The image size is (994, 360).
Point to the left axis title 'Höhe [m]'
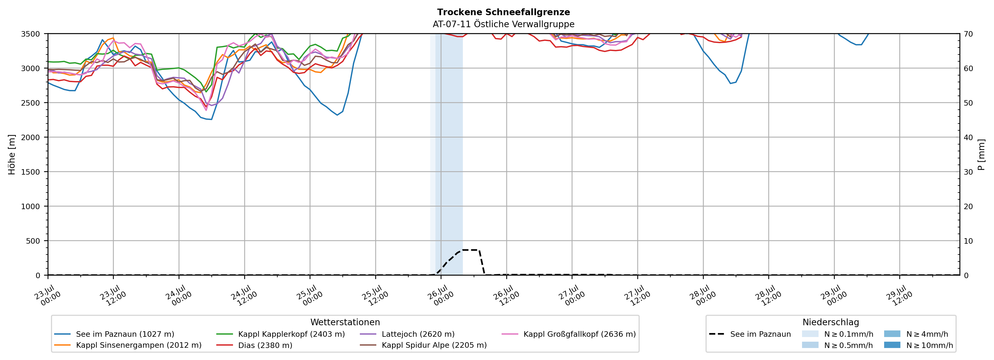coord(12,154)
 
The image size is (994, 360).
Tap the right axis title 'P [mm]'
coord(981,154)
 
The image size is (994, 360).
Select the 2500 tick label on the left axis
coord(30,103)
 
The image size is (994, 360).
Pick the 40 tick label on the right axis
coord(968,137)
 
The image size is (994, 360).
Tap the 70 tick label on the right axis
coord(968,34)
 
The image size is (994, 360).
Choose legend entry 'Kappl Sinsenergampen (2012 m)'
coord(128,345)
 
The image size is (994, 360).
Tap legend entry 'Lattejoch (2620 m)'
coord(407,334)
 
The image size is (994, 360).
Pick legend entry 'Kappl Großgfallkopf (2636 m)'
coord(569,334)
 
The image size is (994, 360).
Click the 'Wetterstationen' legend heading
coord(345,322)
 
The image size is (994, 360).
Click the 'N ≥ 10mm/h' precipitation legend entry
coord(918,345)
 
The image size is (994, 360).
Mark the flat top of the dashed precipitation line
coord(471,250)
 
